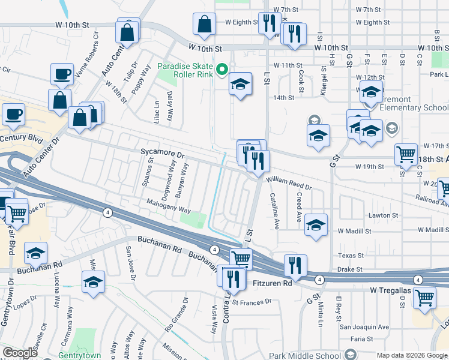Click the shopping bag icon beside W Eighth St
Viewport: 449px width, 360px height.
204,25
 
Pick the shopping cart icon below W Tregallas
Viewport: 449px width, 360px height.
425,297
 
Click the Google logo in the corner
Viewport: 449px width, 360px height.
19,353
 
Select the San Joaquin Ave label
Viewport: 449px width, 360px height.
364,327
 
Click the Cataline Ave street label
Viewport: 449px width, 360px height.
275,210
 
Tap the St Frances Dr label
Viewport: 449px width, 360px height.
256,302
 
